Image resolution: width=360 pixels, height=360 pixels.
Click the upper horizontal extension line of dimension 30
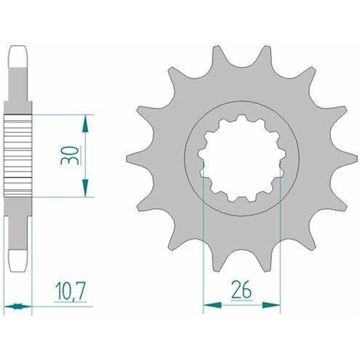(x=63, y=114)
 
